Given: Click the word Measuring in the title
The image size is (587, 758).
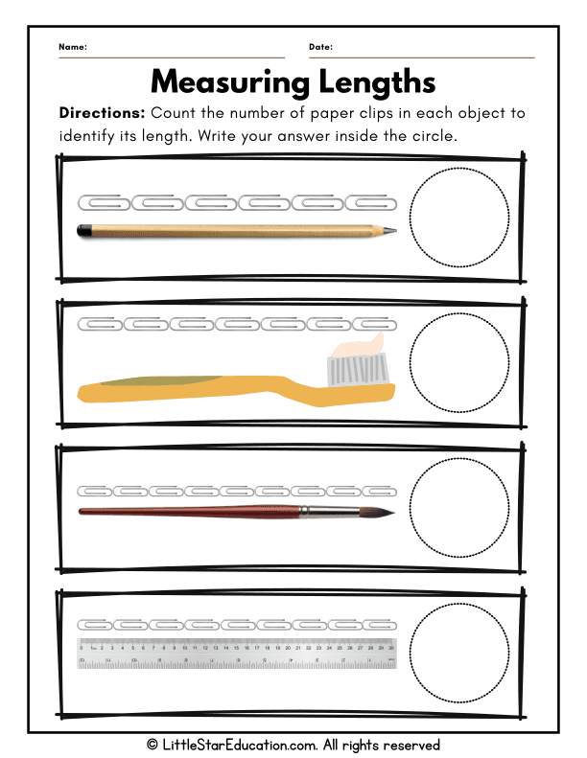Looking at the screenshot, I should click(x=224, y=80).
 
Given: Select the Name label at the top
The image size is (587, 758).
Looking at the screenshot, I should click(x=72, y=47).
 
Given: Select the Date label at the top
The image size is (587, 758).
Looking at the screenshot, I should click(x=320, y=47).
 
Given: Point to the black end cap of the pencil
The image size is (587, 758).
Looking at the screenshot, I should click(x=84, y=230).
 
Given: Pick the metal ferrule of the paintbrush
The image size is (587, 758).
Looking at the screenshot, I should click(x=317, y=512).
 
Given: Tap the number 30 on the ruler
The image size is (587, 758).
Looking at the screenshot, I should click(x=391, y=647).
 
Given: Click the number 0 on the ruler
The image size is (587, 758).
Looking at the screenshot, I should click(x=82, y=647).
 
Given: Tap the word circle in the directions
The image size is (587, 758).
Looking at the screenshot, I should click(x=433, y=135).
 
